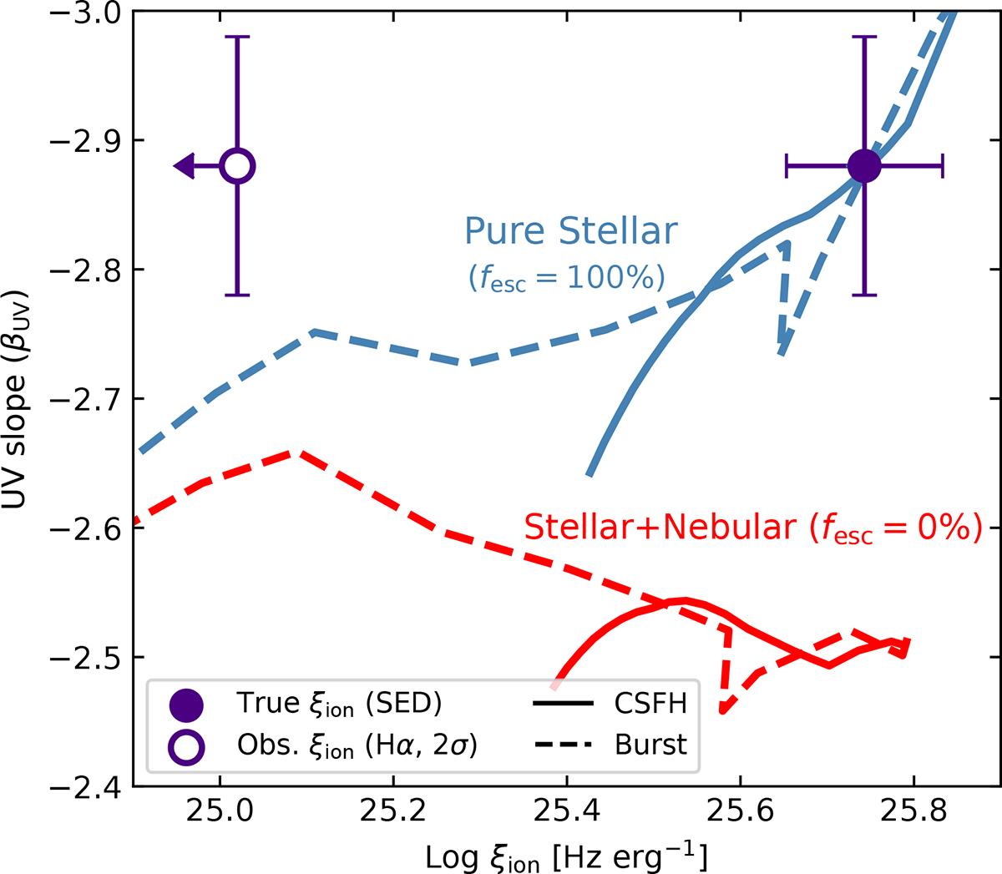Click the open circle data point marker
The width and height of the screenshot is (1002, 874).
click(237, 166)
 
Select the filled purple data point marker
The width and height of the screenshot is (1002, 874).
click(864, 167)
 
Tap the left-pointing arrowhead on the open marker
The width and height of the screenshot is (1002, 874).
click(185, 166)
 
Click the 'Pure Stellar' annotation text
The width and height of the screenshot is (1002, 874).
click(571, 230)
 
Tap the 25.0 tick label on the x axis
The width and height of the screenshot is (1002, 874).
click(220, 811)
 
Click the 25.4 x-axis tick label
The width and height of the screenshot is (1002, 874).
click(567, 811)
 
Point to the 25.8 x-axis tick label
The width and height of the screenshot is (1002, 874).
click(913, 811)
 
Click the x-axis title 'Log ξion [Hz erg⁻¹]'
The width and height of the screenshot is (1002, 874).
click(567, 856)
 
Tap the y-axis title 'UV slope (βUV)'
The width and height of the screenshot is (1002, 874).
click(15, 398)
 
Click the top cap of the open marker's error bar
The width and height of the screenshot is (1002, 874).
click(237, 36)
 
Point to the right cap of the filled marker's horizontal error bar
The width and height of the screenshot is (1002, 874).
click(942, 167)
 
